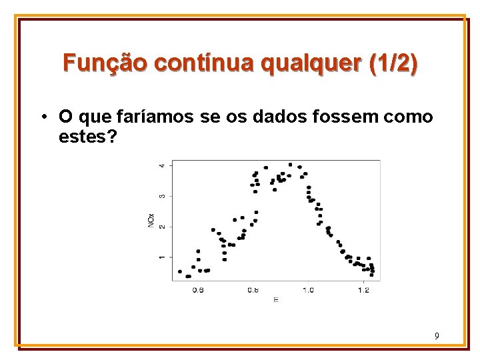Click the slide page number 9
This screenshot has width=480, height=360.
(x=436, y=336)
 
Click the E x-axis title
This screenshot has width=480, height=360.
(x=275, y=299)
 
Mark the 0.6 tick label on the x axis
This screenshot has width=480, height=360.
(x=198, y=290)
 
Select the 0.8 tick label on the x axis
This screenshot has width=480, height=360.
(x=253, y=290)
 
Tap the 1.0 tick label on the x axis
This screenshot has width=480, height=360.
(x=308, y=290)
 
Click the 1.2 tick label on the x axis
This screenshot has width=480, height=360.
(x=363, y=290)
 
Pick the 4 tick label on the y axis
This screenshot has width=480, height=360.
(x=162, y=165)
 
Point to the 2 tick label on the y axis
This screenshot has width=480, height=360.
(x=162, y=227)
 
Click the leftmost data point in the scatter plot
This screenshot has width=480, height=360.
(x=180, y=271)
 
